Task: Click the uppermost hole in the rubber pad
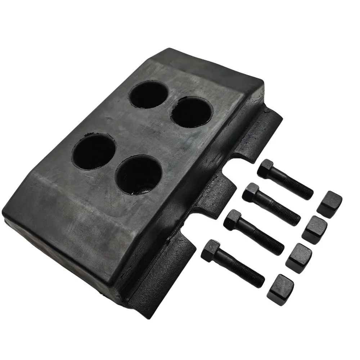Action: point(149,95)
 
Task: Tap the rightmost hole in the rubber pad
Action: point(192,112)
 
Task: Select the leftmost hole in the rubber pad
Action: point(94,152)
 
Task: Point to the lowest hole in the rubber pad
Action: point(139,175)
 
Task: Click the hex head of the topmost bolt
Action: point(266,168)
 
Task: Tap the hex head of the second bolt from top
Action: point(251,192)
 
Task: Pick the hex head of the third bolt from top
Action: point(232,220)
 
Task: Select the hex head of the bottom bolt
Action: point(210,250)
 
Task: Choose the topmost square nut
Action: point(329,204)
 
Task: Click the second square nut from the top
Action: point(314,230)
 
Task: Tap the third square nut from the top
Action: point(299,258)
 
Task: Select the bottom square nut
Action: point(280,289)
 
